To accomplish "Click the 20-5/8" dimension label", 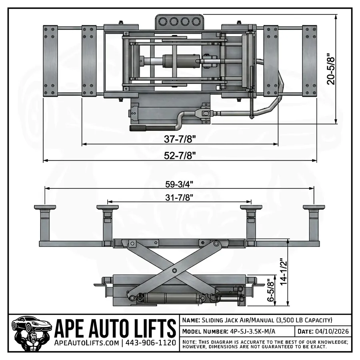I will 330,69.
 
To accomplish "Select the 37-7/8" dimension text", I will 180,138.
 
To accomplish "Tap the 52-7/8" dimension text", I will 180,155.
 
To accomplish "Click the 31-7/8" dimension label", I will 179,197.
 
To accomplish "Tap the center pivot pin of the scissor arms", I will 174,271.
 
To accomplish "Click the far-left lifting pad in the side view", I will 45,207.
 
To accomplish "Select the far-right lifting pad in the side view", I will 314,207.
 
